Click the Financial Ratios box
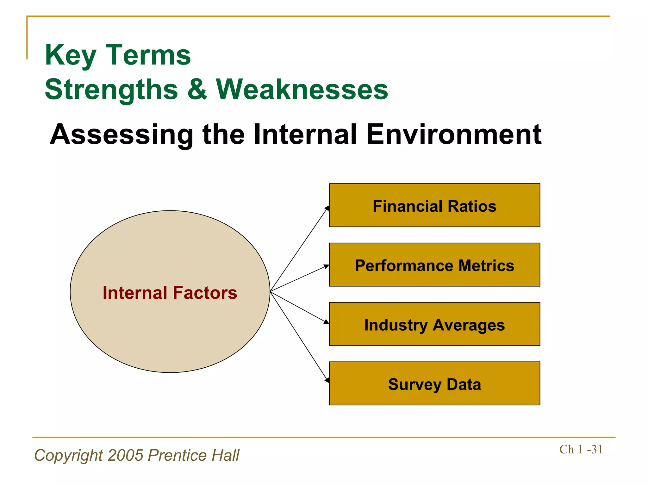434,206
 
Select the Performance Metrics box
434,265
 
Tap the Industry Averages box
434,324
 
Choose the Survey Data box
434,384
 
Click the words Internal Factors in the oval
170,293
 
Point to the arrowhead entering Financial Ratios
327,208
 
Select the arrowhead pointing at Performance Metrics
327,266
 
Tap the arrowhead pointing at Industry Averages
327,322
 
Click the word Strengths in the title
111,90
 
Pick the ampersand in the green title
197,90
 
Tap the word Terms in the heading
148,55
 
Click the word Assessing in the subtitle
121,135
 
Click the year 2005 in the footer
125,455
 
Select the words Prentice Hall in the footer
194,455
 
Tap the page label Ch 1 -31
581,449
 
